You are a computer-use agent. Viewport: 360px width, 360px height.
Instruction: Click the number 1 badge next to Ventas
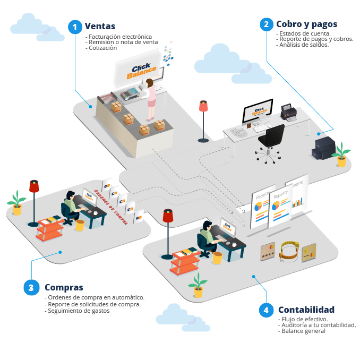[x=75, y=27]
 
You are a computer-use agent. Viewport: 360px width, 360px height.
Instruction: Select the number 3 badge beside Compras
[x=31, y=287]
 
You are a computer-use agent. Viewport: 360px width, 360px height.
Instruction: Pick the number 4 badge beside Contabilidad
[x=266, y=310]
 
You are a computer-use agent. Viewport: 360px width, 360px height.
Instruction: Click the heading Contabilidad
[x=306, y=310]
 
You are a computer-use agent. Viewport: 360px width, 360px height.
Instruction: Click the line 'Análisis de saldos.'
[x=304, y=45]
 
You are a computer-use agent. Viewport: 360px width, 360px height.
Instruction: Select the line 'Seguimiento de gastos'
[x=78, y=311]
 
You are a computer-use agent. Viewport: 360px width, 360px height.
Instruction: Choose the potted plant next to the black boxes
[x=341, y=154]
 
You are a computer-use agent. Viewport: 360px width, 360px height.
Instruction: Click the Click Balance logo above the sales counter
[x=143, y=71]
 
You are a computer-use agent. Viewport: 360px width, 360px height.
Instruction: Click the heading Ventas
[x=100, y=26]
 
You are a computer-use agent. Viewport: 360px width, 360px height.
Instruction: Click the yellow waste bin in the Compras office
[x=80, y=225]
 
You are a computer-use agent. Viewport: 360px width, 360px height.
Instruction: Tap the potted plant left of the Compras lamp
[x=17, y=202]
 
